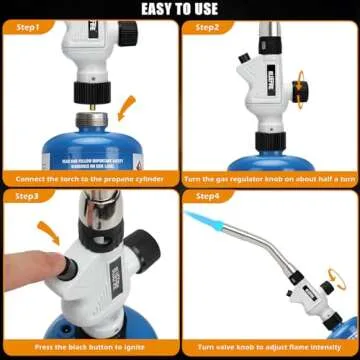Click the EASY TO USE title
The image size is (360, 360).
180,10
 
